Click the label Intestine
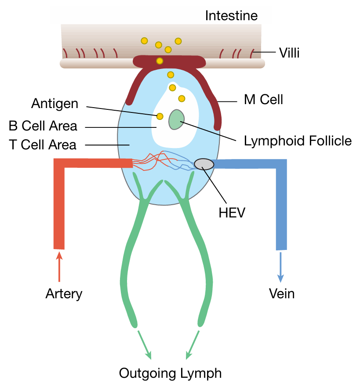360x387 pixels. pos(231,17)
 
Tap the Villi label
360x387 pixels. pos(289,54)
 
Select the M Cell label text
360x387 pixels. pos(263,100)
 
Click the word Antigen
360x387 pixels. pos(55,104)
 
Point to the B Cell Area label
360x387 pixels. pos(43,126)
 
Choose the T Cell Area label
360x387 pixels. pos(43,145)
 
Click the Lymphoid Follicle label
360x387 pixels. pos(298,141)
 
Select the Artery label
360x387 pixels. pos(64,293)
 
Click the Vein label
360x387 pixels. pos(282,293)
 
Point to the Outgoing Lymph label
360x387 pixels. pos(171,374)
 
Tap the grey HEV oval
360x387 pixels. pos(204,164)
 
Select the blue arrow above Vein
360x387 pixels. pos(280,266)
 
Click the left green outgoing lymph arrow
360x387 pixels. pos(145,344)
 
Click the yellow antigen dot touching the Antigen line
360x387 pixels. pos(160,116)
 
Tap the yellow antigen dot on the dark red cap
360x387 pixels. pos(160,61)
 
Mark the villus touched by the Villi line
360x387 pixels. pos(252,54)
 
